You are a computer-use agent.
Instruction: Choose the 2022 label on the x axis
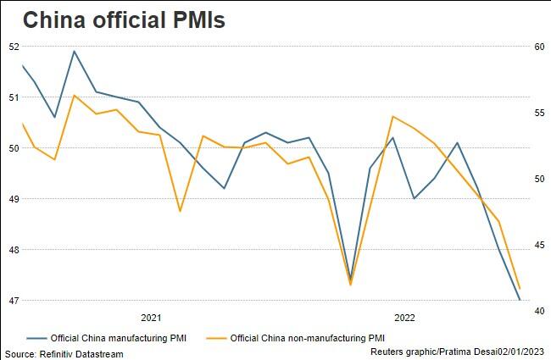point(404,318)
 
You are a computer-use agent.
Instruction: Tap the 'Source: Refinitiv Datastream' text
point(64,353)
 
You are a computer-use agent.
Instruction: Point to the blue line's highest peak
point(75,51)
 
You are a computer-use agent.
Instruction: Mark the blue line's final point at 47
point(519,300)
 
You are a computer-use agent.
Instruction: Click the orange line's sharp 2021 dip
point(181,211)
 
